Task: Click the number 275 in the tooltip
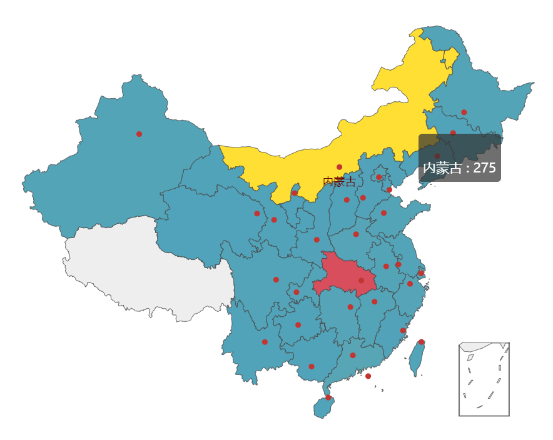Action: pos(484,168)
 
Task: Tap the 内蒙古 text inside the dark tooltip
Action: pos(445,168)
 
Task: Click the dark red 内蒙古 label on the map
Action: pos(339,182)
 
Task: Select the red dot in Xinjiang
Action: pos(139,134)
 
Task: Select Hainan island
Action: pos(323,407)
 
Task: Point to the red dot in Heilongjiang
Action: pos(464,112)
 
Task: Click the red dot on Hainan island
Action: pos(328,397)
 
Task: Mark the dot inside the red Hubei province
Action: pos(361,281)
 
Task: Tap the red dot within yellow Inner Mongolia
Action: pos(339,167)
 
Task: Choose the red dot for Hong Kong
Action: pos(368,376)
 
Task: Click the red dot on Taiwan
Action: pos(421,342)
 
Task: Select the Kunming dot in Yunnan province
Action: pos(265,342)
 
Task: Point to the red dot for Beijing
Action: pos(378,177)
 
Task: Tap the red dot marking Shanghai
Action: pos(421,273)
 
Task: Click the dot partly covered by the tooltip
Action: pos(437,156)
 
